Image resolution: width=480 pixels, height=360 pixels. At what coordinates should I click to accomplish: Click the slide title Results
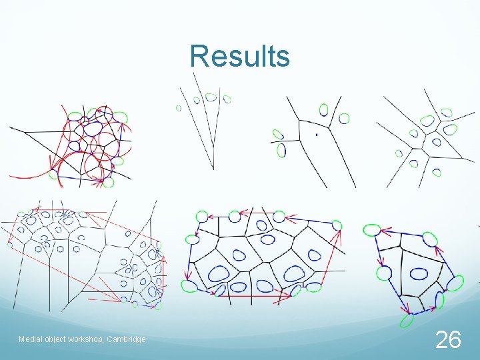point(239,57)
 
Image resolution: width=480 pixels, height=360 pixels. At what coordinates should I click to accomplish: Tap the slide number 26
point(448,340)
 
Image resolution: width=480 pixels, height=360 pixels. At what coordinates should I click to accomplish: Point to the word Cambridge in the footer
point(126,339)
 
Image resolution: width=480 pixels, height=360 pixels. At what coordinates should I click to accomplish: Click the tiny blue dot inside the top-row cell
point(316,135)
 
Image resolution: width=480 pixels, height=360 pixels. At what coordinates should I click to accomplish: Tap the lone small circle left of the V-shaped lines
point(178,108)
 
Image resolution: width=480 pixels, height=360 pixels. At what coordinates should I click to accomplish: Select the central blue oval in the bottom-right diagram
point(419,273)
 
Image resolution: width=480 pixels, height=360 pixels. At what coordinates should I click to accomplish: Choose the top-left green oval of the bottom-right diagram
point(371,230)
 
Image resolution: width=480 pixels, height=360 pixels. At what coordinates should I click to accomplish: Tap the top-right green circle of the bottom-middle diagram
point(336,225)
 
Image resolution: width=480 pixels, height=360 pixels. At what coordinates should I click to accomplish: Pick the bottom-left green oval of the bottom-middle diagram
point(189,286)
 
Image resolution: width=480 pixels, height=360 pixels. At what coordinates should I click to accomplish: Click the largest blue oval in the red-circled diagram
point(93,128)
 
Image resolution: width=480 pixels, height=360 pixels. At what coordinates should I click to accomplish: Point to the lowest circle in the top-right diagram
point(437,173)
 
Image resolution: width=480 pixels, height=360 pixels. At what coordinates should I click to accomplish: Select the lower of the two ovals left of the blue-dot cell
point(281,151)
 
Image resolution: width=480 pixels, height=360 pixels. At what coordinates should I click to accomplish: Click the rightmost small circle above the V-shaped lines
point(227,99)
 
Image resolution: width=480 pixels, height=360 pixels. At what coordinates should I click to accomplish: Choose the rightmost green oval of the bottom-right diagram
point(455,283)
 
